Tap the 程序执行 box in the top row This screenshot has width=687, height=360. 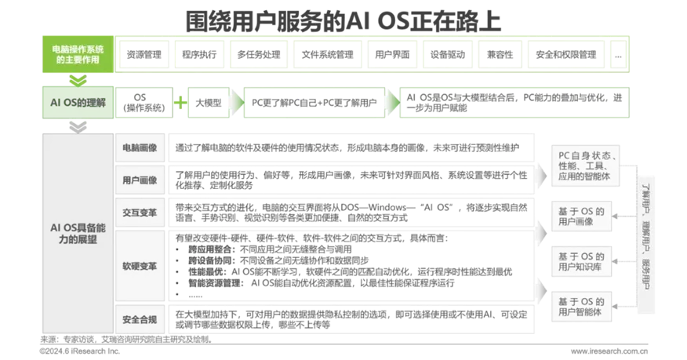(x=198, y=55)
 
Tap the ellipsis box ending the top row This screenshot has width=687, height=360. (x=619, y=55)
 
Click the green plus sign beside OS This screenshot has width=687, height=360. (x=180, y=102)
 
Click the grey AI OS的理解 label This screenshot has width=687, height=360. (x=77, y=101)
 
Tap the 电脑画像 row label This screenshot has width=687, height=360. (x=140, y=147)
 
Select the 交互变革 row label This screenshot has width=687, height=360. (x=140, y=212)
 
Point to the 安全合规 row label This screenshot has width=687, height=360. (x=140, y=318)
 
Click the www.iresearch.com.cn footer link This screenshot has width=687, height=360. (x=609, y=351)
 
